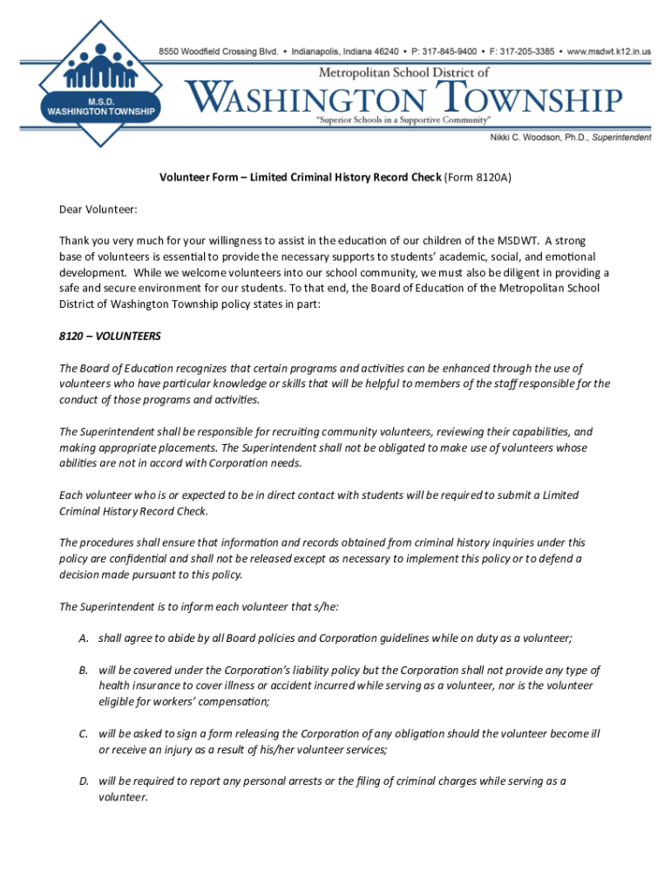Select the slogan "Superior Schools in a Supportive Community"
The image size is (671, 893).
coord(404,118)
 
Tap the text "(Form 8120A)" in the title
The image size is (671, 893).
coord(478,178)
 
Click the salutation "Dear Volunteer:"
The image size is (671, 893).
coord(98,209)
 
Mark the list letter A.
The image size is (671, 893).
coord(83,638)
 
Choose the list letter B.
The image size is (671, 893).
coord(83,671)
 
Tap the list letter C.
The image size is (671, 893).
coord(83,734)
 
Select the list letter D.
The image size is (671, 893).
coord(84,781)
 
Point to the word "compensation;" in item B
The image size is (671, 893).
coord(231,702)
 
